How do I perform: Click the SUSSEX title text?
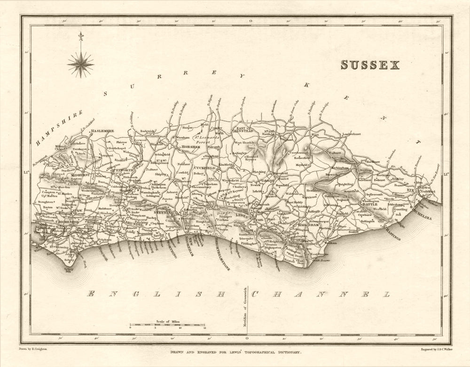(x=370, y=65)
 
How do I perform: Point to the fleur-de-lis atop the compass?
(x=80, y=36)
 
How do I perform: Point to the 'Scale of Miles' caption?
(x=167, y=321)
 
